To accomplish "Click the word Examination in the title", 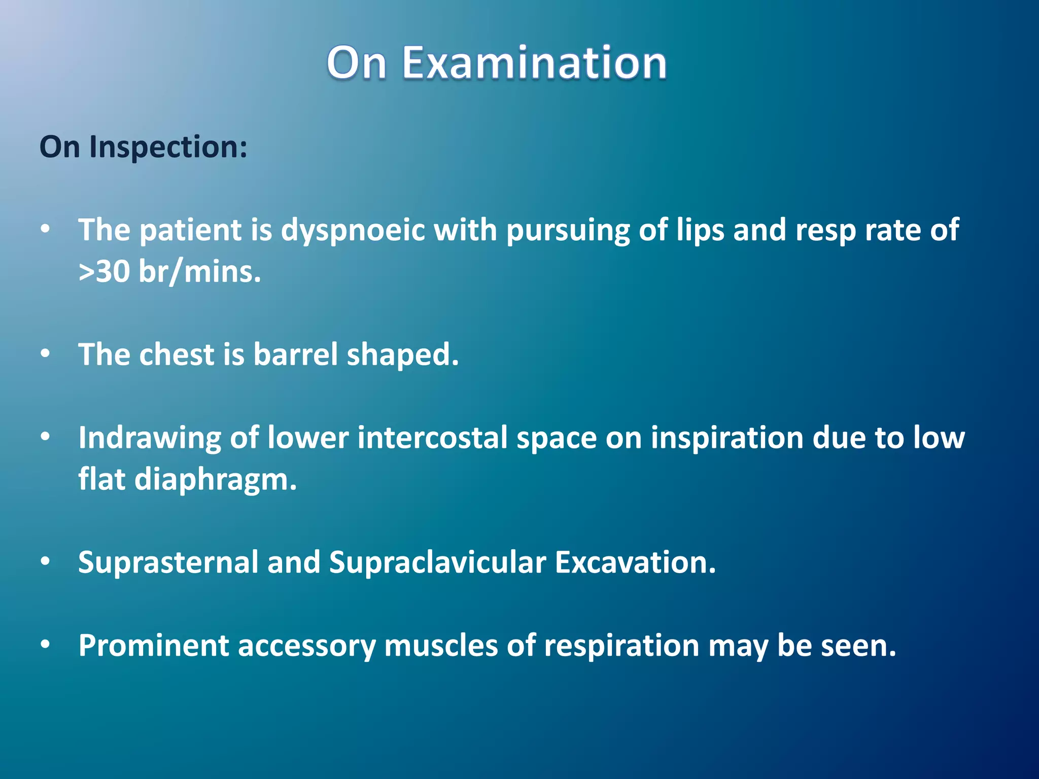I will tap(534, 63).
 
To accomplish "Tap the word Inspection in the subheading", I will tap(168, 147).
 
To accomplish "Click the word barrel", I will tap(295, 355).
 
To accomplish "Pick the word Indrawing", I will tap(150, 438).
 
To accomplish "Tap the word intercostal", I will tap(432, 438).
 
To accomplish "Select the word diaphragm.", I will tap(215, 480).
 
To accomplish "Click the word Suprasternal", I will tap(168, 562).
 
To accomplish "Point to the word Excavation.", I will tap(635, 562).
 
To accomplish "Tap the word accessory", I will tap(306, 646).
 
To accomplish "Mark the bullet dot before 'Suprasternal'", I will tap(46, 561).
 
